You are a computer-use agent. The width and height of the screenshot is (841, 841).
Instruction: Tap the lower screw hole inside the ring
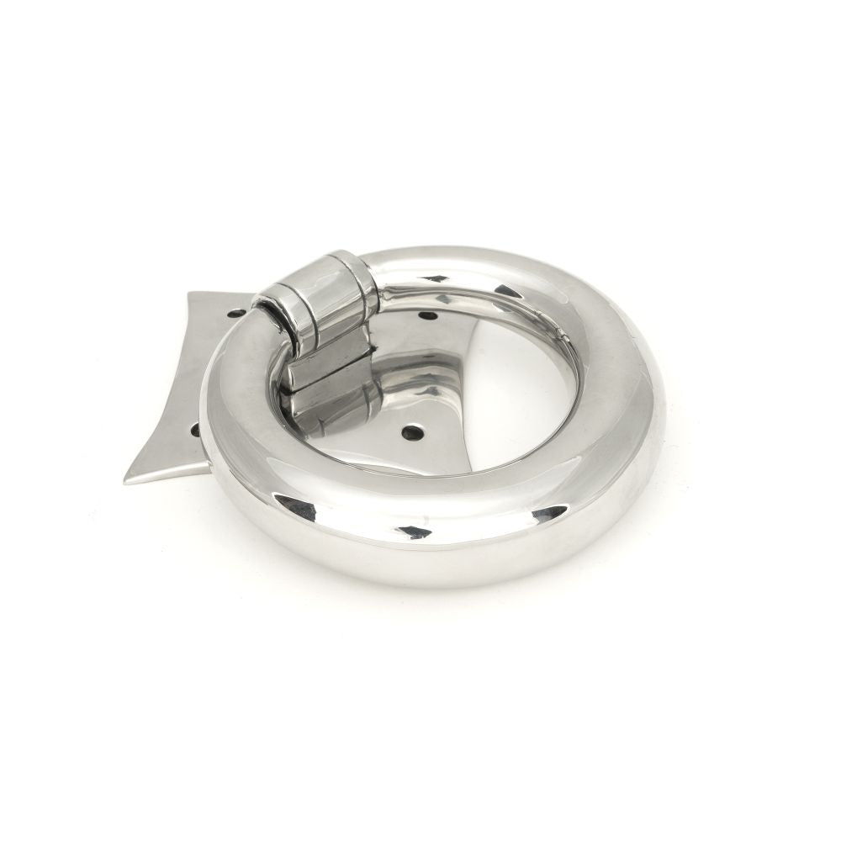point(410,433)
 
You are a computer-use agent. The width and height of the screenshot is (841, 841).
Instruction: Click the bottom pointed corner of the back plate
point(128,480)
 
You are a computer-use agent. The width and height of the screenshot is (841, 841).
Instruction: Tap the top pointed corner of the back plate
point(192,294)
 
